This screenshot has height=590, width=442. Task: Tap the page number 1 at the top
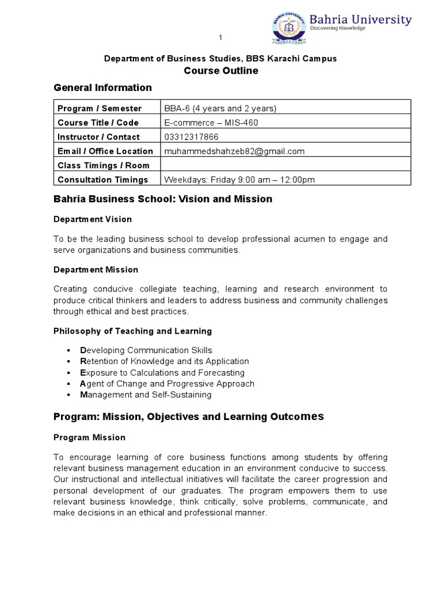220,38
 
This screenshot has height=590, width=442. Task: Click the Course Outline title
220,71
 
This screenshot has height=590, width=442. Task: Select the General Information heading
102,88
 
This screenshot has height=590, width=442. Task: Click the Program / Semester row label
100,108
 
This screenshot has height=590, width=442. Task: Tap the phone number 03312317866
192,137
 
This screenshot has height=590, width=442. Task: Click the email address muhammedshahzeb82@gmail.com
234,151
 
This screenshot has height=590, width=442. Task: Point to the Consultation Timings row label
102,179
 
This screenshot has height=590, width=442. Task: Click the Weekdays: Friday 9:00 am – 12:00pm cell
240,179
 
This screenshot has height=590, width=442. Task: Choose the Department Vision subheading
93,219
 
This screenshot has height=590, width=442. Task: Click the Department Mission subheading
96,269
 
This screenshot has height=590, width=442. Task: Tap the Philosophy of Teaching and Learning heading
132,331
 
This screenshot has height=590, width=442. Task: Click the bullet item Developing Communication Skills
146,350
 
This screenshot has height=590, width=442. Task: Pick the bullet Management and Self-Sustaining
146,395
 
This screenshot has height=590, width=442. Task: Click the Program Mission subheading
89,437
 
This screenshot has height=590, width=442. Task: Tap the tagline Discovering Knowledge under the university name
337,28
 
